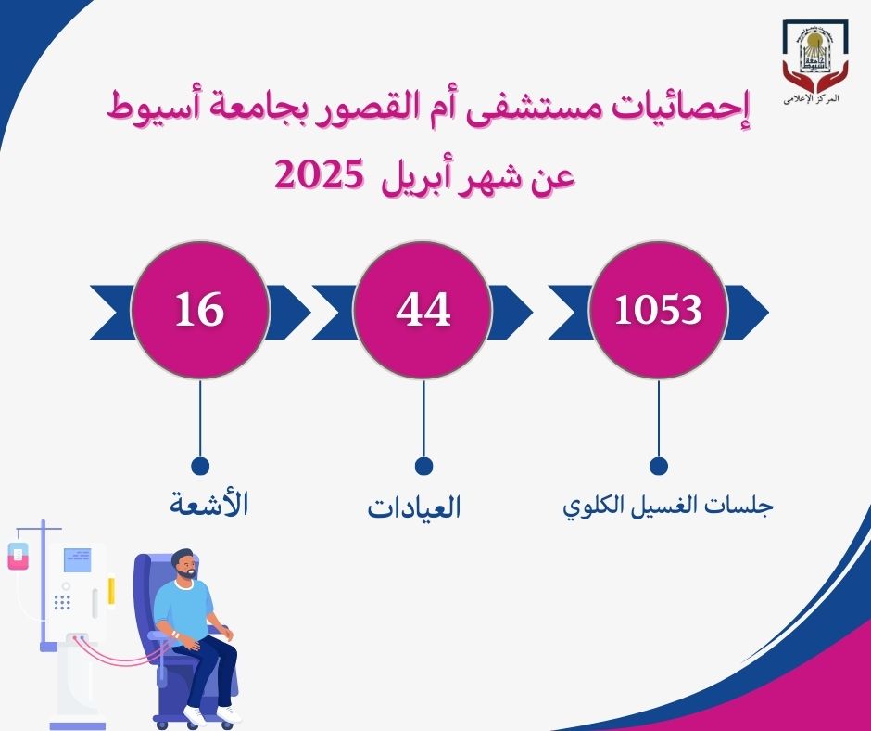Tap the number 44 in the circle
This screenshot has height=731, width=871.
click(x=423, y=309)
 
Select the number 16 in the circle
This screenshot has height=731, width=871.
click(x=199, y=309)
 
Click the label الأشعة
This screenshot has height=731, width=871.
click(x=208, y=504)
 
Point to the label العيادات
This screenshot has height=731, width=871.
click(x=414, y=507)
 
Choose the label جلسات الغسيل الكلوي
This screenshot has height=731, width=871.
click(x=668, y=506)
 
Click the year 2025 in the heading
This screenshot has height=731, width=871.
click(x=319, y=174)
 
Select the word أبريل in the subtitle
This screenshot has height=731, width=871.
click(x=413, y=177)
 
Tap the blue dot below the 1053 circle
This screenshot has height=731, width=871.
click(x=658, y=467)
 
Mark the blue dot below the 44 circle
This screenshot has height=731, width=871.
click(x=423, y=467)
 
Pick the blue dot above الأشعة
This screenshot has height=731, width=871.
click(x=200, y=467)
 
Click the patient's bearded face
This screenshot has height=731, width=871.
click(x=185, y=566)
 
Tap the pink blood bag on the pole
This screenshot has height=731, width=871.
click(x=19, y=557)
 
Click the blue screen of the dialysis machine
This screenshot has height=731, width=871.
click(x=78, y=559)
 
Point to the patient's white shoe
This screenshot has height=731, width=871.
click(x=229, y=713)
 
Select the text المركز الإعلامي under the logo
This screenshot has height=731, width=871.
click(x=811, y=99)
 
